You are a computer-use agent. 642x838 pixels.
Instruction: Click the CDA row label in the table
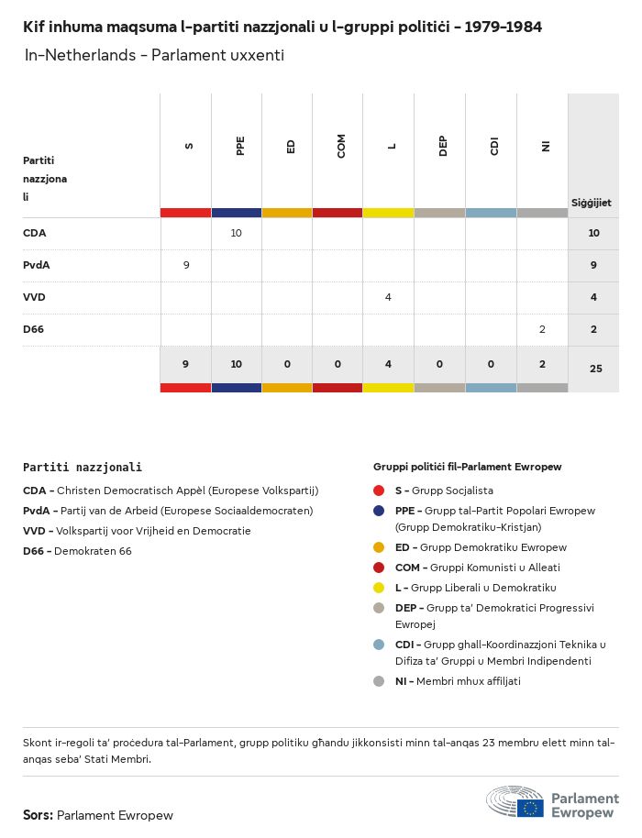[x=34, y=233]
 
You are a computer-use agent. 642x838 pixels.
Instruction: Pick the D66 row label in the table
[x=34, y=329]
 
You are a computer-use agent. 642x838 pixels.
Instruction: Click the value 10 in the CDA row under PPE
[x=236, y=233]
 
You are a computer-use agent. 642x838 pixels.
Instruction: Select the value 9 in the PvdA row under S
[x=186, y=265]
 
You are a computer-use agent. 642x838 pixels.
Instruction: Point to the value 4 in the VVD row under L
[x=389, y=297]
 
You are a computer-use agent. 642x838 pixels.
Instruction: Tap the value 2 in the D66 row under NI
[x=542, y=329]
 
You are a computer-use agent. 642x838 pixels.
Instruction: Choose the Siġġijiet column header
[x=592, y=203]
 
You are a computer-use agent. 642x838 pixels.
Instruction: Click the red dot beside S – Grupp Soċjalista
[x=379, y=491]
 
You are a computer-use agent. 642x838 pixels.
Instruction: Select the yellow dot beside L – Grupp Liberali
[x=379, y=588]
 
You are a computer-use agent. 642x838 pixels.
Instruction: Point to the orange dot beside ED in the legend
[x=379, y=547]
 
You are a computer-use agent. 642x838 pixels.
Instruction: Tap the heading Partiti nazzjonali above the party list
[x=83, y=468]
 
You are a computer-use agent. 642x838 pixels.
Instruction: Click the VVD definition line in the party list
[x=137, y=531]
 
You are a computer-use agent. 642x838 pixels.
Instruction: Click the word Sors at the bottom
[x=38, y=815]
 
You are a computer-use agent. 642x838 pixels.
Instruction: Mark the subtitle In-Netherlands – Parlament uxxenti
[x=154, y=55]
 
